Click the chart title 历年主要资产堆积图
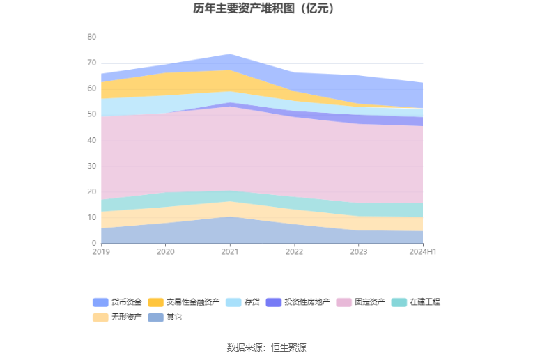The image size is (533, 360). (x=266, y=9)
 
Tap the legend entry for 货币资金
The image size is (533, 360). (x=118, y=302)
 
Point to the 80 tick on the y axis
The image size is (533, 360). (x=92, y=38)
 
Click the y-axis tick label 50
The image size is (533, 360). (x=92, y=115)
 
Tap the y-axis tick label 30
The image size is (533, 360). (x=92, y=166)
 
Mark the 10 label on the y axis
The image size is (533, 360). (x=92, y=218)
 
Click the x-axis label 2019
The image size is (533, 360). (x=101, y=251)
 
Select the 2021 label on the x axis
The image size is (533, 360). (x=230, y=251)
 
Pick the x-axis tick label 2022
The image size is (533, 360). (x=294, y=251)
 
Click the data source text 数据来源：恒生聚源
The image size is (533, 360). (x=266, y=347)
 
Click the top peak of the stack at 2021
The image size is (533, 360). (x=230, y=54)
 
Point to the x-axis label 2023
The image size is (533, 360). (x=358, y=251)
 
